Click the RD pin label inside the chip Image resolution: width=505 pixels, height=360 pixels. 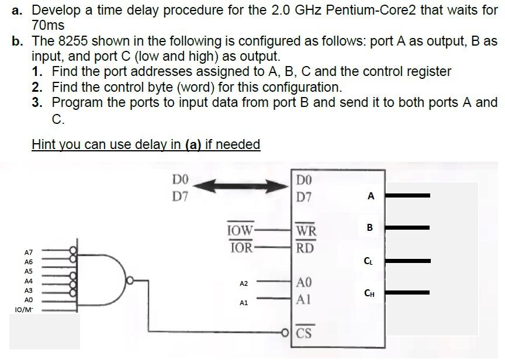point(306,247)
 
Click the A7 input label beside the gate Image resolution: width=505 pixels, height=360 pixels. point(29,252)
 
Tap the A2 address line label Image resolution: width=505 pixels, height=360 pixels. point(244,283)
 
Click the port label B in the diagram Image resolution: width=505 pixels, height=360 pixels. point(369,227)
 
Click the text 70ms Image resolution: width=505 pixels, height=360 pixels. point(48,26)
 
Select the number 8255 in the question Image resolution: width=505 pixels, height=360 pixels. point(71,41)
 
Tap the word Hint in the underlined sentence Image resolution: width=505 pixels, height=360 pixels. point(44,144)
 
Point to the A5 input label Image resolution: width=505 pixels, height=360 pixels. point(29,271)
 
